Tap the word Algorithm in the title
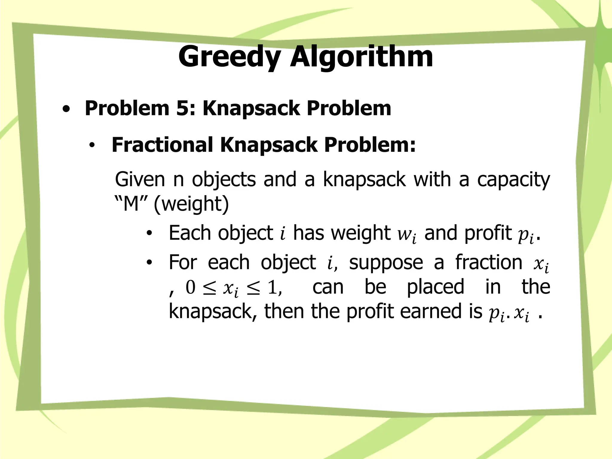(362, 57)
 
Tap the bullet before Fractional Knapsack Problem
(92, 146)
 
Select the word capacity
(513, 180)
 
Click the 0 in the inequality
(190, 287)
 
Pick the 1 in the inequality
(272, 287)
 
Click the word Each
(189, 233)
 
